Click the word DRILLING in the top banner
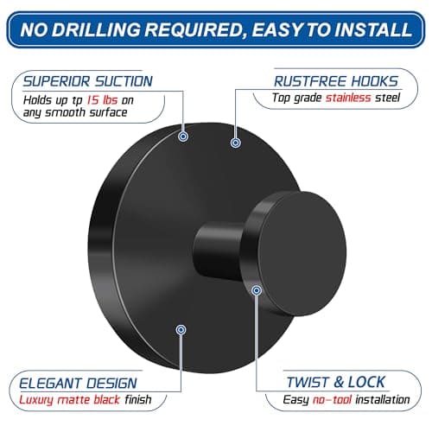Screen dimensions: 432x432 (x=96, y=29)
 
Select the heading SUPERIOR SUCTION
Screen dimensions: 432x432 (x=88, y=81)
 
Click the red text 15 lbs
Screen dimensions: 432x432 (x=103, y=100)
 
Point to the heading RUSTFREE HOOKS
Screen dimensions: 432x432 (x=336, y=81)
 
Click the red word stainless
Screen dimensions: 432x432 (x=348, y=98)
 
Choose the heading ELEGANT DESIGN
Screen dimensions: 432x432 (x=78, y=384)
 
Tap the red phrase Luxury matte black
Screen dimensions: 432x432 (x=69, y=400)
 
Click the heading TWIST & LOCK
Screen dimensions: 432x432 (x=336, y=382)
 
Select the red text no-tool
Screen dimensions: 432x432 (x=332, y=400)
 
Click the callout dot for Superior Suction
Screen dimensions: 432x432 (x=183, y=137)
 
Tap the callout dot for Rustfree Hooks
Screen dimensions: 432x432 (x=236, y=143)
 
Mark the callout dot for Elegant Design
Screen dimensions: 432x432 (x=181, y=329)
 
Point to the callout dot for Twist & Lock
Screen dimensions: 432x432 (x=257, y=290)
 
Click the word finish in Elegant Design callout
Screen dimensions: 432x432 (x=138, y=400)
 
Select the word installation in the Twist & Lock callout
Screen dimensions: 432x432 (x=383, y=400)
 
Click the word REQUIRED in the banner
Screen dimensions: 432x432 (x=195, y=29)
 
